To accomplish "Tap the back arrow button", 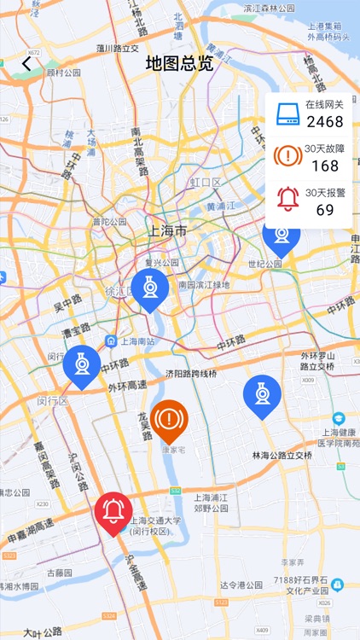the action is pos(26,63).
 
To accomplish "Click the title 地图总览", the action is pos(179,63).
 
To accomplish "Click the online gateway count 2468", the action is pos(325,122).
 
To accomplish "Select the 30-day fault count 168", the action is pos(325,166).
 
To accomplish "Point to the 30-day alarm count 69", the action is pos(325,209).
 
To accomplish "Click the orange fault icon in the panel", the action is pos(287,156).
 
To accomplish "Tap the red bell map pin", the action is pos(113,512).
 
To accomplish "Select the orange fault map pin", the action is pos(170,419).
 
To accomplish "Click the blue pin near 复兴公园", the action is pos(150,288).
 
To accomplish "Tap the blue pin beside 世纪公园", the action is pos(281,235).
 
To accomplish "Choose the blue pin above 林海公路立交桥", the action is pos(262,394).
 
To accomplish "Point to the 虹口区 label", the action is pos(206,183).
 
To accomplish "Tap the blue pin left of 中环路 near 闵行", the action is pos(82,364).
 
